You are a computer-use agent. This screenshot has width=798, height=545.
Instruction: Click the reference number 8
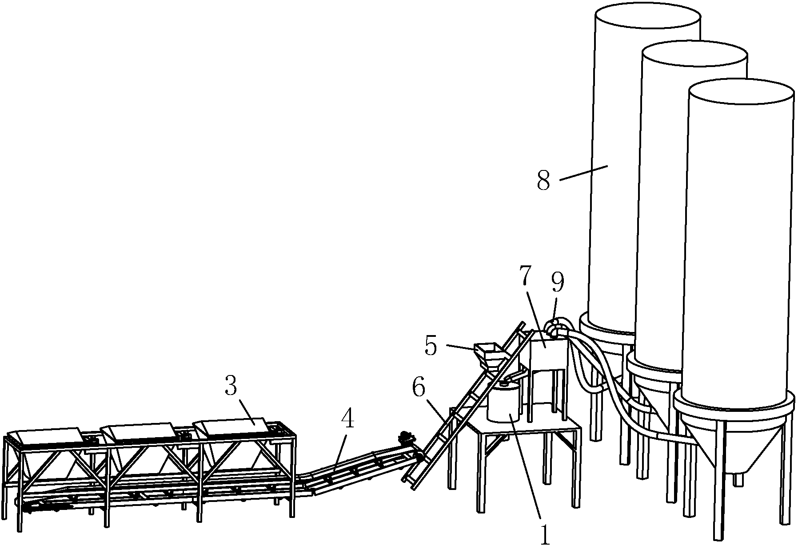pyautogui.click(x=543, y=180)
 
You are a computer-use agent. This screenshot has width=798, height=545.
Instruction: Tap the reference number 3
pyautogui.click(x=231, y=387)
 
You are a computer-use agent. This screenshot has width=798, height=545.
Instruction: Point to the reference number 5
pyautogui.click(x=430, y=346)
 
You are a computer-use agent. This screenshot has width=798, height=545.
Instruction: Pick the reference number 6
pyautogui.click(x=419, y=389)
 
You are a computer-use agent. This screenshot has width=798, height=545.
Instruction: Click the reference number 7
pyautogui.click(x=526, y=276)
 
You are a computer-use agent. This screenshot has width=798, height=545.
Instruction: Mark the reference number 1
pyautogui.click(x=544, y=534)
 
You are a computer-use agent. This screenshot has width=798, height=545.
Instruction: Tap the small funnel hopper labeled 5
pyautogui.click(x=490, y=354)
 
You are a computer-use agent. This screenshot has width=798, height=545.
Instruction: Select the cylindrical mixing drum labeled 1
pyautogui.click(x=503, y=402)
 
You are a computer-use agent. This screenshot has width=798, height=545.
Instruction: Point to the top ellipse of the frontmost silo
pyautogui.click(x=741, y=94)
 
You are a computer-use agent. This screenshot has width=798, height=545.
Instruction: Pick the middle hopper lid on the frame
pyautogui.click(x=139, y=431)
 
